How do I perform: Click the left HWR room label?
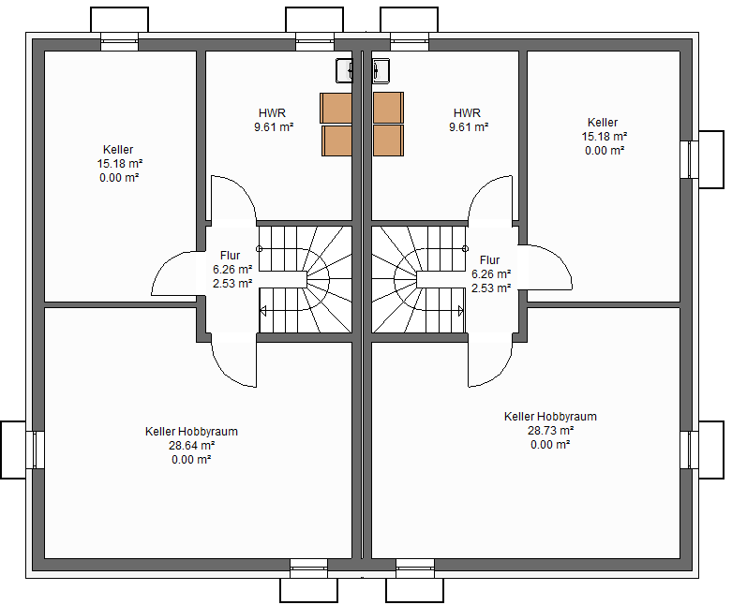pyautogui.click(x=272, y=113)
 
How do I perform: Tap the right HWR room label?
pyautogui.click(x=467, y=113)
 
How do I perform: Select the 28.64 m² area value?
pyautogui.click(x=191, y=446)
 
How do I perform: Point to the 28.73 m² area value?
pyautogui.click(x=550, y=431)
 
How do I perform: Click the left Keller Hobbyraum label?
pyautogui.click(x=191, y=432)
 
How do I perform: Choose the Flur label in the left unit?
pyautogui.click(x=231, y=256)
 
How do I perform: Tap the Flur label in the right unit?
pyautogui.click(x=489, y=259)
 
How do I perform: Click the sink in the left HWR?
pyautogui.click(x=344, y=71)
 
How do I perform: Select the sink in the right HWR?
pyautogui.click(x=381, y=71)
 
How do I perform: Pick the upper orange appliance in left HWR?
pyautogui.click(x=336, y=109)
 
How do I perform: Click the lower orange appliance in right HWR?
pyautogui.click(x=388, y=140)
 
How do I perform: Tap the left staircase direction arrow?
pyautogui.click(x=263, y=311)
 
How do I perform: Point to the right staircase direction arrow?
pyautogui.click(x=461, y=311)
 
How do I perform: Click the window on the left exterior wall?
pyautogui.click(x=35, y=450)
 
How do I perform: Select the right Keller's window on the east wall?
pyautogui.click(x=689, y=159)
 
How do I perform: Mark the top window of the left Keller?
pyautogui.click(x=120, y=41)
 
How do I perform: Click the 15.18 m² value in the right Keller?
pyautogui.click(x=605, y=137)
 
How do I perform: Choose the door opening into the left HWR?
pyautogui.click(x=233, y=198)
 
